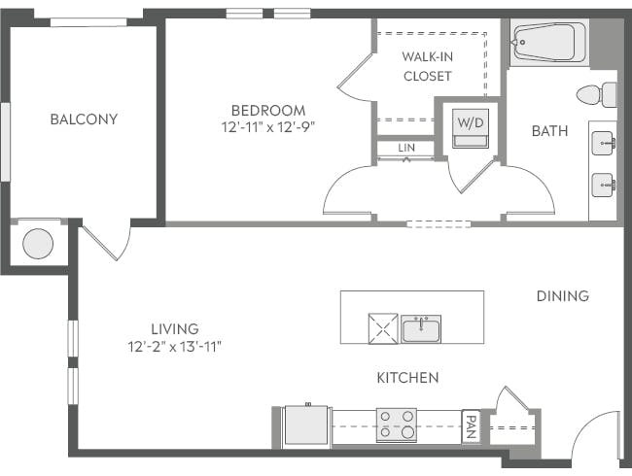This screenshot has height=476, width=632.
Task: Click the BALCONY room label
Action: point(84,119)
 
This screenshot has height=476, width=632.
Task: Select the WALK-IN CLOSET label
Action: point(427,65)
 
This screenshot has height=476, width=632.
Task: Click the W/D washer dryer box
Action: point(471,127)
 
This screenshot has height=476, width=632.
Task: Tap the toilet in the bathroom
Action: point(596,94)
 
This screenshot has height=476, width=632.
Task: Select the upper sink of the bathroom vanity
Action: point(603,144)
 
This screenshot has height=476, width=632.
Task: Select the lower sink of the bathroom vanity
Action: point(603,182)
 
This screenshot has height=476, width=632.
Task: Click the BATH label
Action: point(549,131)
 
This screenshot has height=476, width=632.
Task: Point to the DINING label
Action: point(562,295)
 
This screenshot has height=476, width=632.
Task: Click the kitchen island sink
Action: point(421,328)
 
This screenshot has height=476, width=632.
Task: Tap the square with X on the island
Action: point(382,328)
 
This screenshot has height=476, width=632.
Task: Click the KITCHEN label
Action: point(407,377)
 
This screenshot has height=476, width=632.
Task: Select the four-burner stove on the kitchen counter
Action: point(397,425)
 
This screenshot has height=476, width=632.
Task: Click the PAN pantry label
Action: point(471,425)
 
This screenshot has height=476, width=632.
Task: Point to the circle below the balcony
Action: point(38,244)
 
